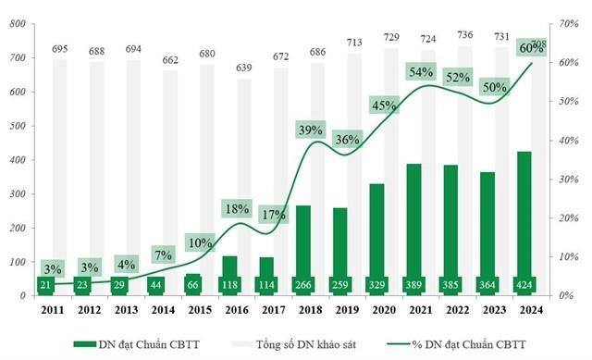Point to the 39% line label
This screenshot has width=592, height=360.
pos(310,130)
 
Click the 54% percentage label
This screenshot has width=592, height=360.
pos(421,71)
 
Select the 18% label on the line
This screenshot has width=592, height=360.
pos(236,210)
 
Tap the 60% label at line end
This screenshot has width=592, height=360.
pos(531,47)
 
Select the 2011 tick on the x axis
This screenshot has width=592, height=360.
pos(52,310)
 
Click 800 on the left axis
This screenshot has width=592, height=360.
pos(17,24)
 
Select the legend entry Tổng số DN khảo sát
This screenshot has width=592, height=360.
pos(297,344)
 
